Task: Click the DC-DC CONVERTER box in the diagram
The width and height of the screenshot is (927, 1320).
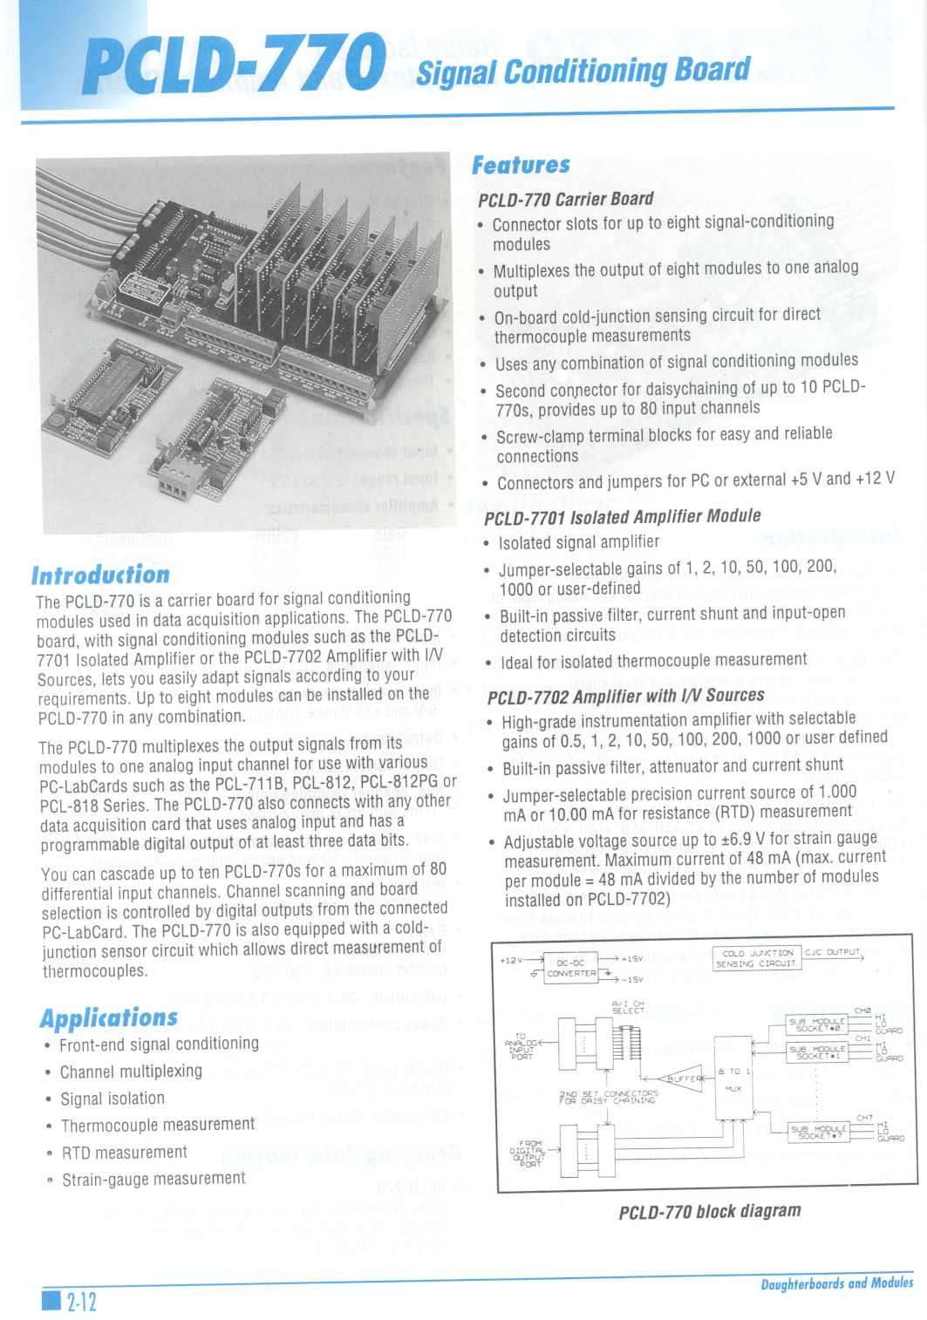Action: click(571, 969)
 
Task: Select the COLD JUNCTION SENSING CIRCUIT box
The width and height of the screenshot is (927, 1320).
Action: click(755, 958)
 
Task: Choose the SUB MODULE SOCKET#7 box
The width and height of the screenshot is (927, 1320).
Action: click(817, 1132)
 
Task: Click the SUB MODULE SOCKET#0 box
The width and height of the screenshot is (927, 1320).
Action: click(817, 1024)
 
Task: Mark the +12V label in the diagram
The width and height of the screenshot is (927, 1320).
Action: click(511, 960)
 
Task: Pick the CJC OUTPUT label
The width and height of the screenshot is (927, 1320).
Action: click(832, 952)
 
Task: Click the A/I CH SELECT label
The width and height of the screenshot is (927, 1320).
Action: click(628, 1008)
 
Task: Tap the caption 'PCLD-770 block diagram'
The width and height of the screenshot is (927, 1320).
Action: click(710, 1211)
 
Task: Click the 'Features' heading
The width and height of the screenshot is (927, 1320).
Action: click(521, 165)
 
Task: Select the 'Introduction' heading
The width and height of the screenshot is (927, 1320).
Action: click(100, 575)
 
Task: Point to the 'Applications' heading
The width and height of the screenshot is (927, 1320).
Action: click(109, 1017)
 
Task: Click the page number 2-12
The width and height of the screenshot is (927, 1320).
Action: click(81, 1302)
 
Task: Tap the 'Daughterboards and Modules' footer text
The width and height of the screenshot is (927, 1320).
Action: click(836, 1283)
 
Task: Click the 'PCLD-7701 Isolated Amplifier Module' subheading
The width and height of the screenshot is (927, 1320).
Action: click(622, 516)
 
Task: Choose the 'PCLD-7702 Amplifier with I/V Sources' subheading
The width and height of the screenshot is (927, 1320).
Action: click(625, 696)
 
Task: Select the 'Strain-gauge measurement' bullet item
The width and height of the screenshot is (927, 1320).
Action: click(153, 1179)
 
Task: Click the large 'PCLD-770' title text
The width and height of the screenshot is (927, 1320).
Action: click(234, 64)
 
